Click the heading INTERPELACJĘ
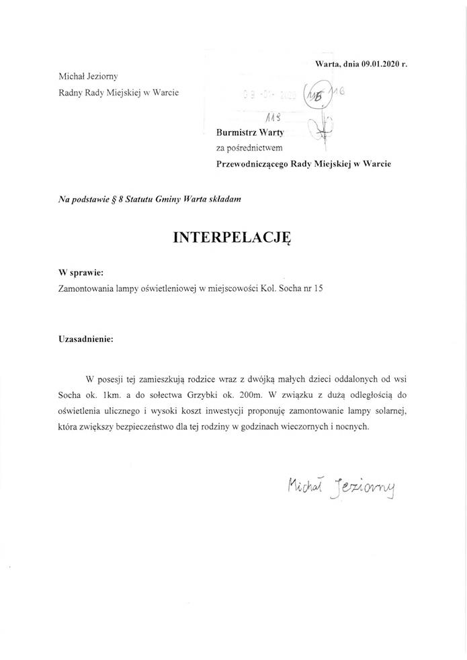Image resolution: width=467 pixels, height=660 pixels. (232, 237)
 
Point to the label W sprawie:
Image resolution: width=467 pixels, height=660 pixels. (81, 274)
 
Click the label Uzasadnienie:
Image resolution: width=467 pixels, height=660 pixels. (87, 339)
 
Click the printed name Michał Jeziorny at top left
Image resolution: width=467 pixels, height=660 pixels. (88, 77)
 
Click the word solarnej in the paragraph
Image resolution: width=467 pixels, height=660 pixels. (386, 411)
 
